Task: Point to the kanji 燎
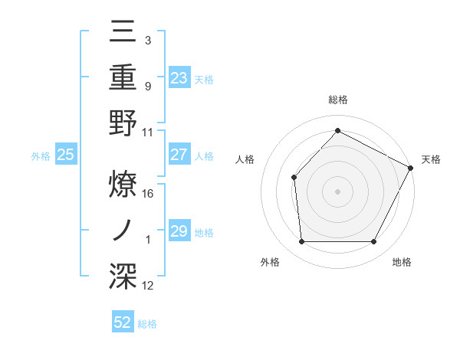[x=124, y=184]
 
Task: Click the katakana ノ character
[x=124, y=228]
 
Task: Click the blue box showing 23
[x=179, y=77]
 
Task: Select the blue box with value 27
[x=179, y=155]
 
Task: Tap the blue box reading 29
[x=179, y=231]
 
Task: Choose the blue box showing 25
[x=65, y=155]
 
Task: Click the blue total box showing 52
[x=123, y=322]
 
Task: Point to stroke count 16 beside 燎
[x=149, y=193]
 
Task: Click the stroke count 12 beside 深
[x=149, y=286]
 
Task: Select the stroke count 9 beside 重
[x=147, y=87]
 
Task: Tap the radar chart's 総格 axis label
[x=337, y=100]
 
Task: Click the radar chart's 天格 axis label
[x=431, y=159]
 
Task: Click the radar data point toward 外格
[x=302, y=242]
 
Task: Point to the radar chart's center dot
[x=337, y=191]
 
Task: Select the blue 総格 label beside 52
[x=147, y=323]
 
